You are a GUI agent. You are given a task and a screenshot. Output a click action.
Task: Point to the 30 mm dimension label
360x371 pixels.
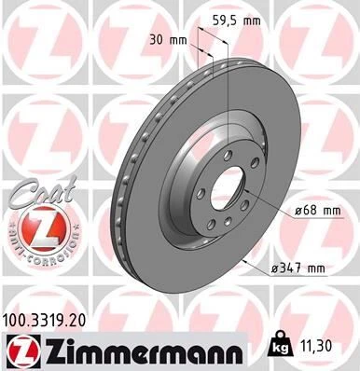coord(163,40)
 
